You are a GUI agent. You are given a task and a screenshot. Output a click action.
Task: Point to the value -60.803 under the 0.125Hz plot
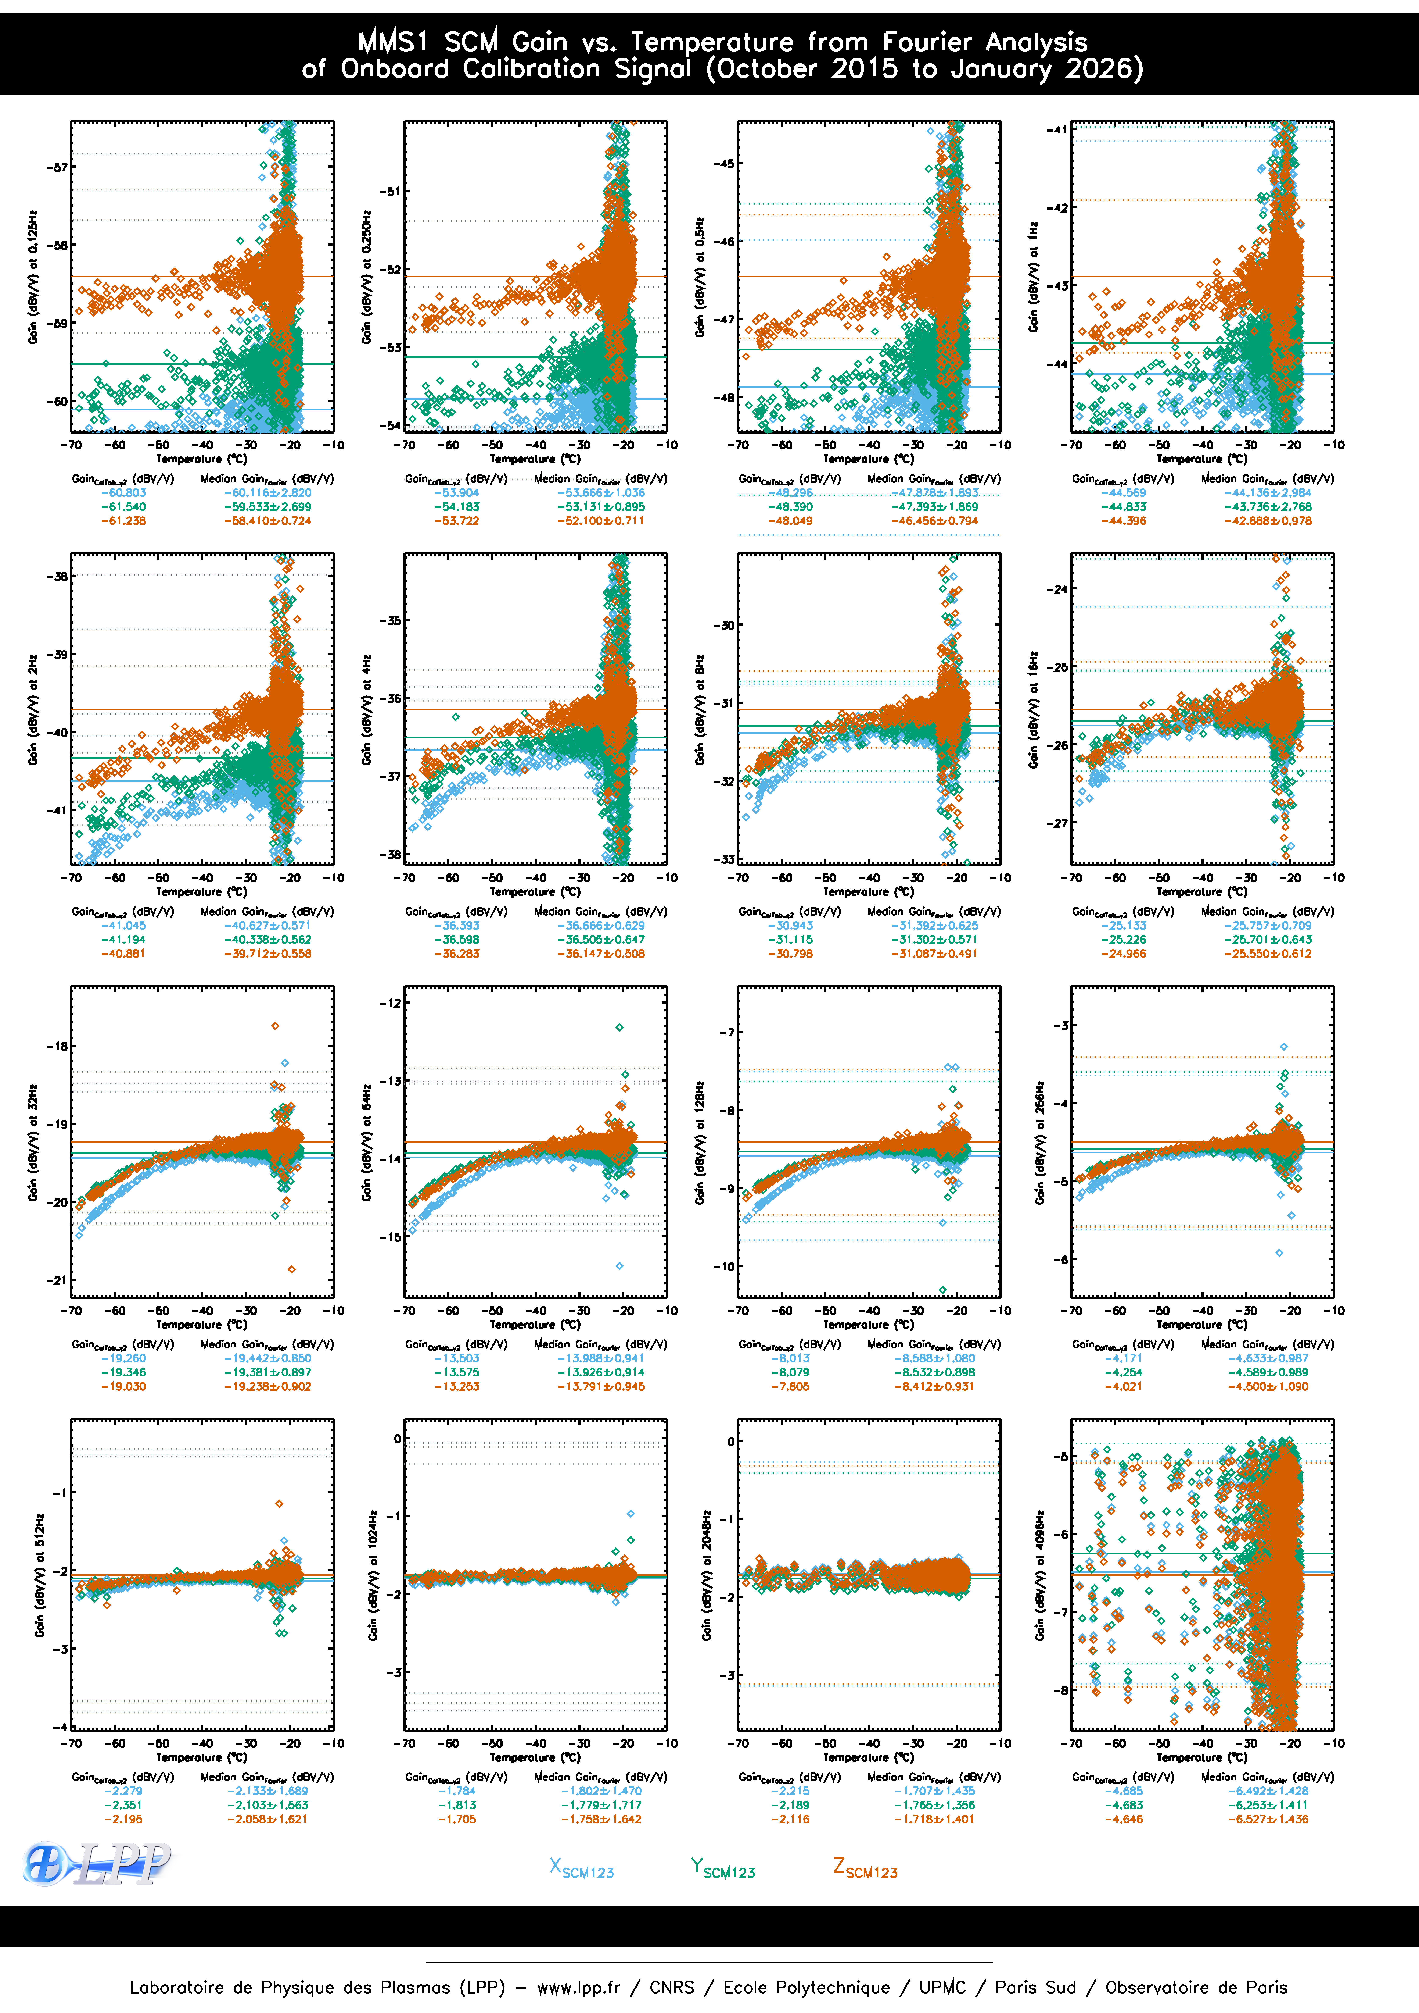pyautogui.click(x=124, y=493)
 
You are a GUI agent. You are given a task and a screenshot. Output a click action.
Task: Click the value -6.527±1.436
pyautogui.click(x=1268, y=1819)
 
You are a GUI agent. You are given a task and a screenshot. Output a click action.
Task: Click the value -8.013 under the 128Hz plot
pyautogui.click(x=791, y=1358)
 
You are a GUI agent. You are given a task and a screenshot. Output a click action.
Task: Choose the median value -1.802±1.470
pyautogui.click(x=601, y=1791)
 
